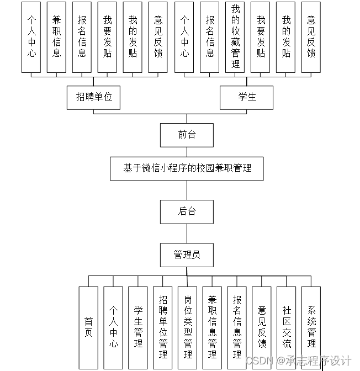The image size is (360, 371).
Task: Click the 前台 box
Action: (x=187, y=135)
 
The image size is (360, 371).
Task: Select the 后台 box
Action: (x=187, y=211)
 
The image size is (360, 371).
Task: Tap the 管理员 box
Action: (x=187, y=255)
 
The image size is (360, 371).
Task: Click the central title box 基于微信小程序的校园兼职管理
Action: (x=187, y=168)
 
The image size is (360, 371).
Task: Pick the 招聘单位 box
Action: (x=94, y=97)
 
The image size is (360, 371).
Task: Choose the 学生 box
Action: (x=247, y=97)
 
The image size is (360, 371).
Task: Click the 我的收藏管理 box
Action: (x=235, y=37)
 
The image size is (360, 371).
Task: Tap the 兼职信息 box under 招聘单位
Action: (x=56, y=37)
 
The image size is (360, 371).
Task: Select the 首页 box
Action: (x=88, y=327)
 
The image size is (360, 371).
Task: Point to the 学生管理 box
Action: (x=138, y=327)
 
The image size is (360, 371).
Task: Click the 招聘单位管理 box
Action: (x=163, y=327)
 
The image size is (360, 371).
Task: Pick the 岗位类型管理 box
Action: (x=188, y=327)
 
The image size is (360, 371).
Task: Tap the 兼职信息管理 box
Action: (x=212, y=327)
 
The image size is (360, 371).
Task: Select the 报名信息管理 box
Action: (x=237, y=327)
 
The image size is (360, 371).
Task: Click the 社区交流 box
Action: (x=287, y=327)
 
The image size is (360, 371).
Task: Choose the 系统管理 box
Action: (x=311, y=327)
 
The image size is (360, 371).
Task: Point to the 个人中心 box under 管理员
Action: (x=113, y=327)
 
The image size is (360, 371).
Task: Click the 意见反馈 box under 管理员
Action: (x=262, y=327)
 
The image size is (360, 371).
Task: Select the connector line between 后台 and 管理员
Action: (x=187, y=233)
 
